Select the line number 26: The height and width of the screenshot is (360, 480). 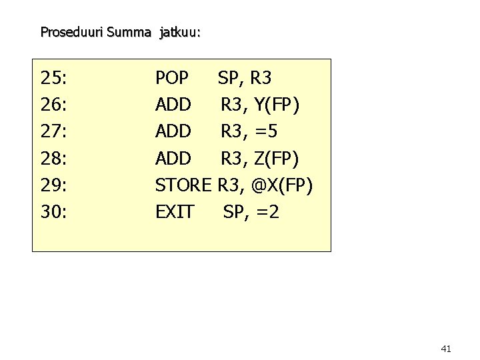pyautogui.click(x=53, y=105)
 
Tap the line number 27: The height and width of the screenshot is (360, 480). pyautogui.click(x=53, y=131)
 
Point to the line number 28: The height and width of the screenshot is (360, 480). pyautogui.click(x=53, y=158)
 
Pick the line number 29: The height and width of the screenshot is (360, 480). pyautogui.click(x=53, y=185)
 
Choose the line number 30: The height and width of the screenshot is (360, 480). pyautogui.click(x=53, y=211)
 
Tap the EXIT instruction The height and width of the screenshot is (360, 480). pyautogui.click(x=175, y=211)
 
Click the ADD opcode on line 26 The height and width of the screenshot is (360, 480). pyautogui.click(x=173, y=105)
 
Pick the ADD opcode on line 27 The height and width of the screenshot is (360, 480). pyautogui.click(x=173, y=131)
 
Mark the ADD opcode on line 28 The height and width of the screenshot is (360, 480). pyautogui.click(x=173, y=158)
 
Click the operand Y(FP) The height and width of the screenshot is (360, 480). pyautogui.click(x=277, y=105)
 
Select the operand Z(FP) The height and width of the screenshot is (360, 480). pyautogui.click(x=277, y=158)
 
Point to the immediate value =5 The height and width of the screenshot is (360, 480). pyautogui.click(x=266, y=131)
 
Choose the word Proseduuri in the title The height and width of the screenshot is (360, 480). pyautogui.click(x=69, y=31)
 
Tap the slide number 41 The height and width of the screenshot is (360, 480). pyautogui.click(x=447, y=348)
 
